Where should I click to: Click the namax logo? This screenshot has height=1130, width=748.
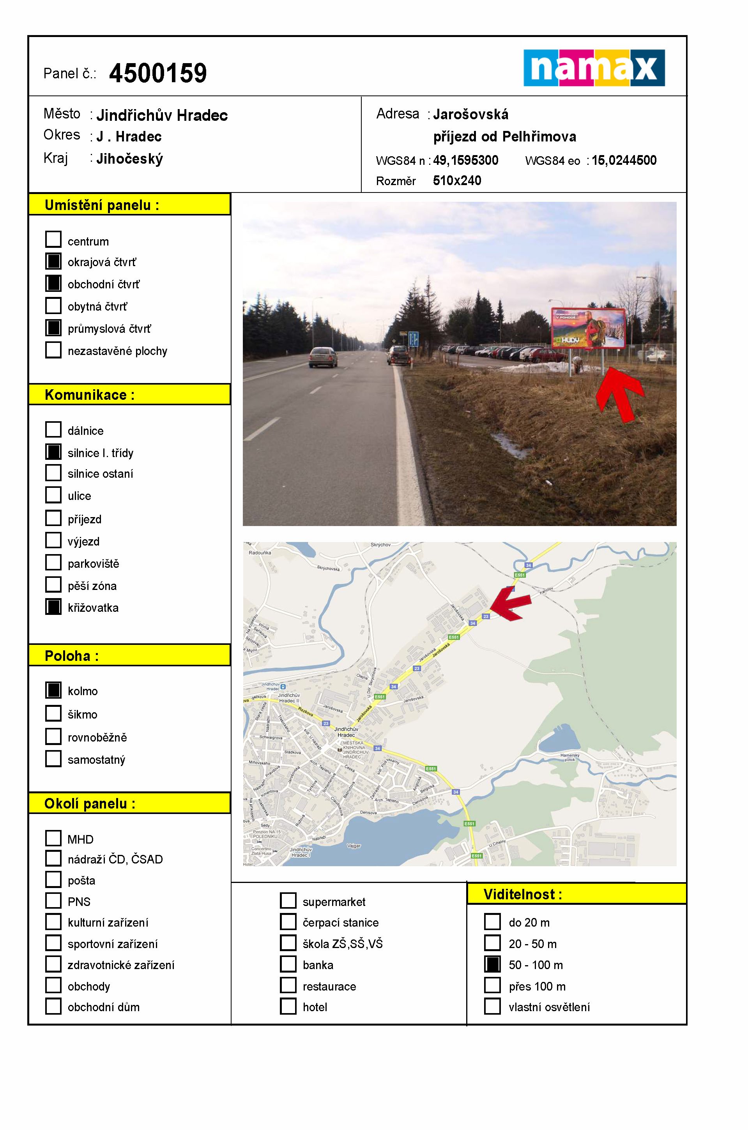coord(594,68)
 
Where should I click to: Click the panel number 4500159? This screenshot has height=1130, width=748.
coord(158,73)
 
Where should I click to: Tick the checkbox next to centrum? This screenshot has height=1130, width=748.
coord(53,239)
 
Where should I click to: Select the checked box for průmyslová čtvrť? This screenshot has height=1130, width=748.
coord(53,328)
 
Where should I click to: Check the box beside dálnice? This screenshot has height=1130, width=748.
coord(53,429)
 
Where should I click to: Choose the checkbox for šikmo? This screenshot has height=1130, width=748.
coord(53,713)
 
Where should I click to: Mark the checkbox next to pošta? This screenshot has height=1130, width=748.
coord(53,879)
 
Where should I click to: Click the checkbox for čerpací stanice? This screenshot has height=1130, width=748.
coord(288,922)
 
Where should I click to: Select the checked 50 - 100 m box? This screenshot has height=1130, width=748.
coord(492,964)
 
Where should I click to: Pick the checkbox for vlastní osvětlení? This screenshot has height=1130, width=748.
coord(492,1006)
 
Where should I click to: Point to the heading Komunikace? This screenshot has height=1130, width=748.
coord(90,395)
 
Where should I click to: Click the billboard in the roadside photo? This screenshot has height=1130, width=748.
coord(588,328)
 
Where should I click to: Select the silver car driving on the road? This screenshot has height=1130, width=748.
coord(323,357)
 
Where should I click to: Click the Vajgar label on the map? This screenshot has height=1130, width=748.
coord(354,846)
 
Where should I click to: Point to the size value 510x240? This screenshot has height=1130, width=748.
coord(457,181)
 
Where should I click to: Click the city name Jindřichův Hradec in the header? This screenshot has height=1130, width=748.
coord(162,115)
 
